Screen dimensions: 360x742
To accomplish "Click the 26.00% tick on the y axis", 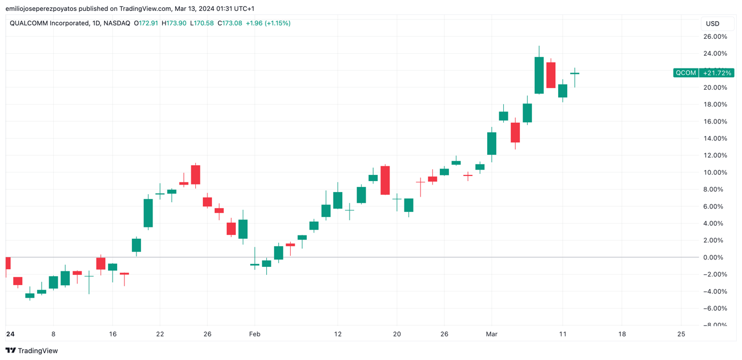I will click(x=715, y=37).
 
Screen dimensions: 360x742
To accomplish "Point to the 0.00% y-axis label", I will click(x=716, y=258).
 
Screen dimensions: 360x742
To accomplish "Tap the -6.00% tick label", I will click(x=715, y=309).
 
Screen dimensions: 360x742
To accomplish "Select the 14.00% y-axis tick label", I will click(x=715, y=138).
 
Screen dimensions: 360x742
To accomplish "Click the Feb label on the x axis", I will click(x=255, y=334).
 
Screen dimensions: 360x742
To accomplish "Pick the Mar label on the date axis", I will click(x=491, y=334).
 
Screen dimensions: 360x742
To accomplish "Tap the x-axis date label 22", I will click(x=160, y=334).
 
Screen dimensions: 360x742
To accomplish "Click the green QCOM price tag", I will click(x=685, y=73).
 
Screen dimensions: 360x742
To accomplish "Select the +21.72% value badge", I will click(x=717, y=73).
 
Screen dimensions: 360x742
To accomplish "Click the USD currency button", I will click(x=713, y=23).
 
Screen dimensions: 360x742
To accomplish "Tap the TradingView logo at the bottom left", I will click(x=32, y=351).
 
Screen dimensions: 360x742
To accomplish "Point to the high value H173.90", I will click(x=174, y=23).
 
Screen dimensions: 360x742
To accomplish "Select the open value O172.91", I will click(x=146, y=23).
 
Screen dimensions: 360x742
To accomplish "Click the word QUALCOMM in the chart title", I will click(x=29, y=23).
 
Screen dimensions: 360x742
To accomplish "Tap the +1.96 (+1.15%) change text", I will click(x=268, y=23).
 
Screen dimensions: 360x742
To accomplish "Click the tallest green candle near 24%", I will click(x=539, y=75).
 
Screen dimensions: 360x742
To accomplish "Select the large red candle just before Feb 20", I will click(x=385, y=180).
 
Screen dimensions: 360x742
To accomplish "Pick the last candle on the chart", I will click(x=575, y=74).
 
